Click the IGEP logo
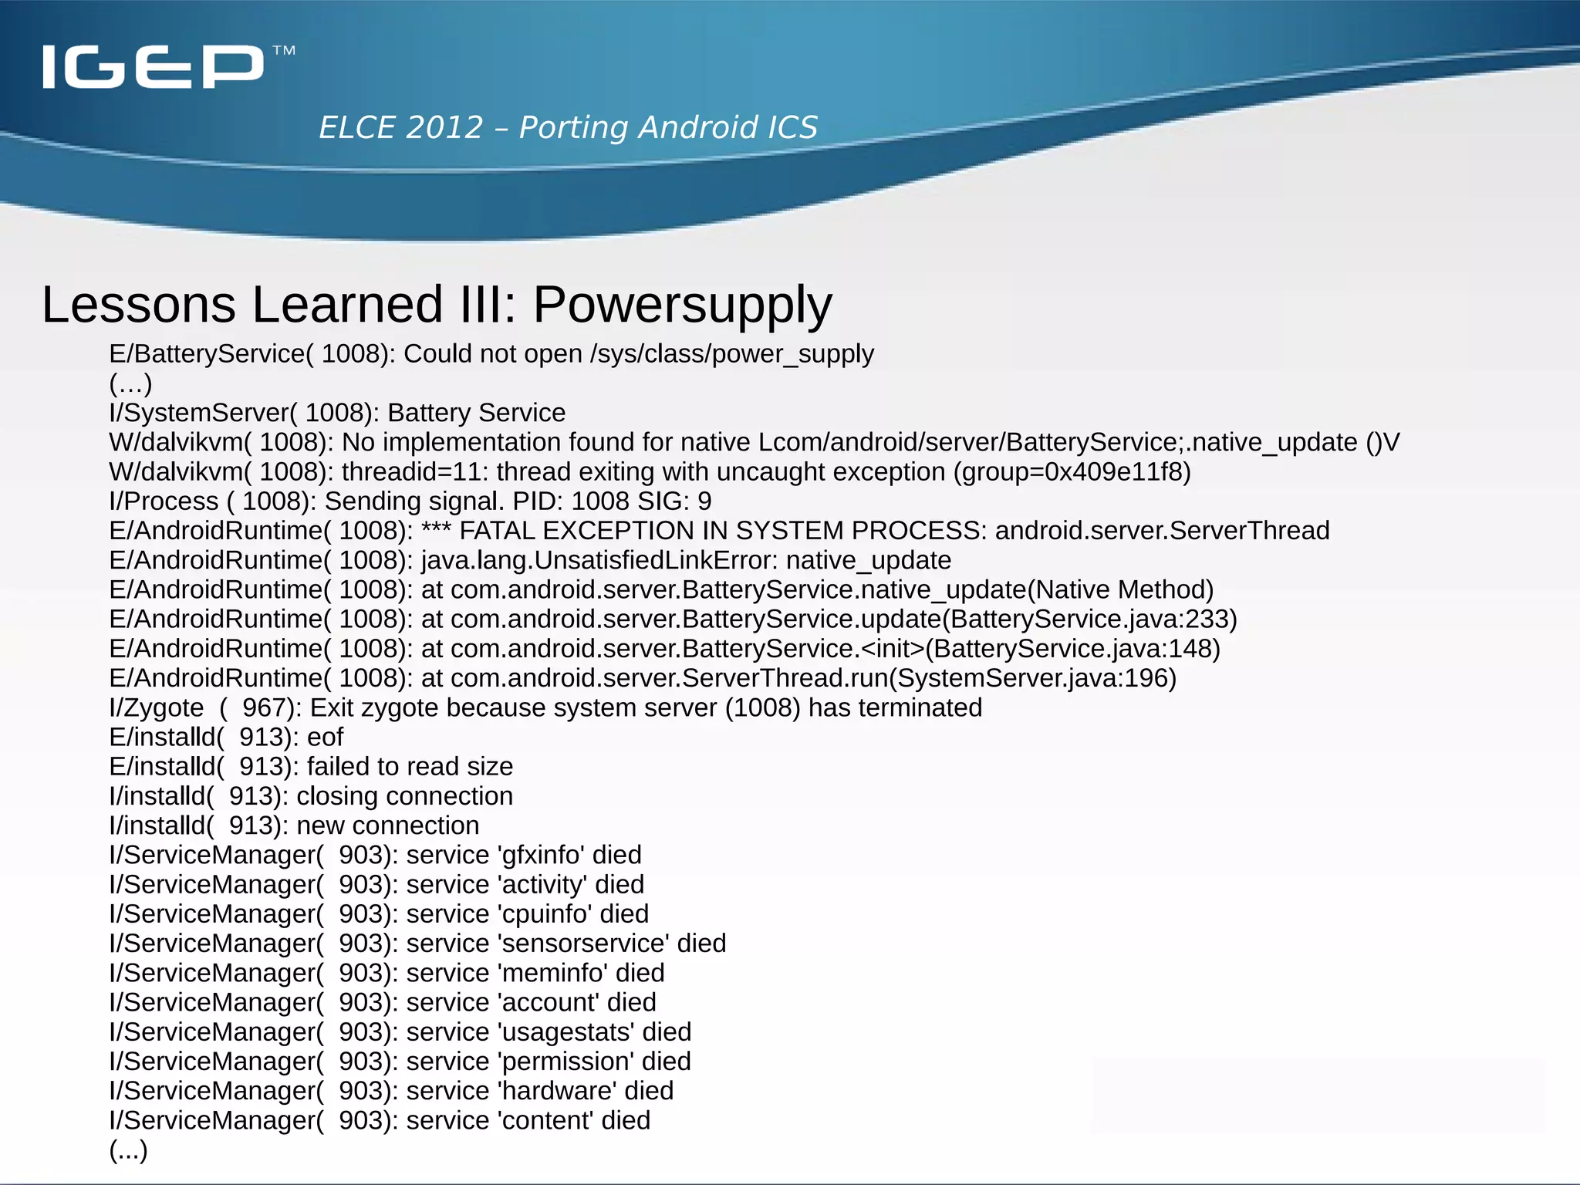point(154,66)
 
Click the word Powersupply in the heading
point(683,305)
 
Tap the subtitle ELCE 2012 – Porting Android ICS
point(568,127)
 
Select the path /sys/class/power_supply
point(731,354)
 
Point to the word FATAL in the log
point(497,531)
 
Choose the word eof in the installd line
point(325,738)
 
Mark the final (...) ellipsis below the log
point(128,1150)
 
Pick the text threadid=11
point(407,472)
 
